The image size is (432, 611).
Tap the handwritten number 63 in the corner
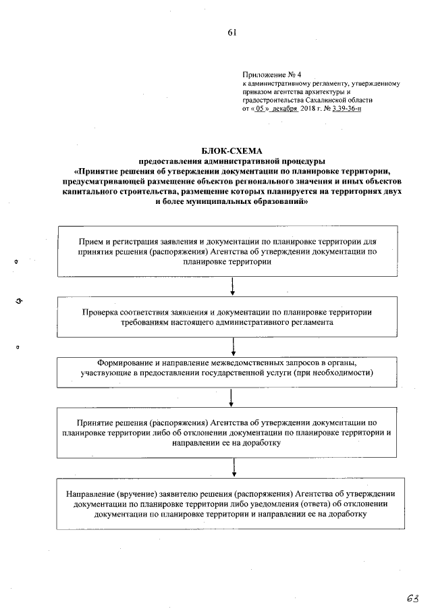(412, 597)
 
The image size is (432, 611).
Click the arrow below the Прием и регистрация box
(232, 286)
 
